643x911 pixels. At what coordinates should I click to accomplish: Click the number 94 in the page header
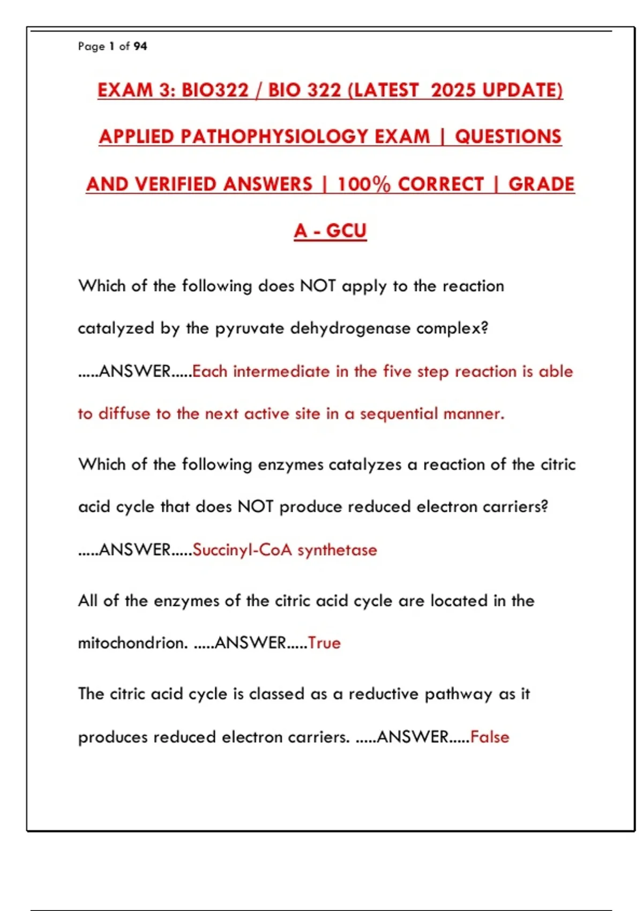[x=140, y=47]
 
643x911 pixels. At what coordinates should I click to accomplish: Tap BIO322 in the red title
[x=215, y=90]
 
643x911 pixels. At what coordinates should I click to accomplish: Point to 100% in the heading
[x=364, y=184]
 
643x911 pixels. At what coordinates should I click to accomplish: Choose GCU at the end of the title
[x=346, y=231]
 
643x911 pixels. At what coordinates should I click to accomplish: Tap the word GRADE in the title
[x=541, y=184]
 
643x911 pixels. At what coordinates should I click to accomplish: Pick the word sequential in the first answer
[x=399, y=414]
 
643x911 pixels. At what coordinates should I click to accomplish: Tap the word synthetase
[x=337, y=550]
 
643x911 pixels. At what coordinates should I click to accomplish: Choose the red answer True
[x=324, y=643]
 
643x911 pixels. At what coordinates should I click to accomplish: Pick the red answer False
[x=490, y=737]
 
